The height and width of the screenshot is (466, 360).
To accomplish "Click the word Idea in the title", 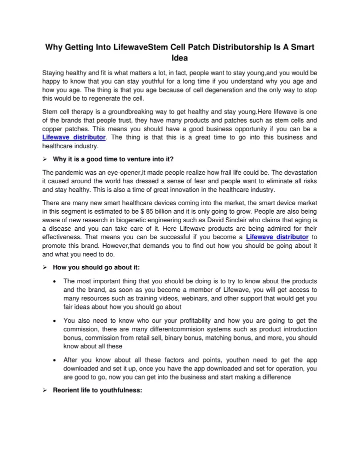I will (180, 58).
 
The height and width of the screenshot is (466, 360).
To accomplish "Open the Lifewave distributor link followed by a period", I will (74, 137).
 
